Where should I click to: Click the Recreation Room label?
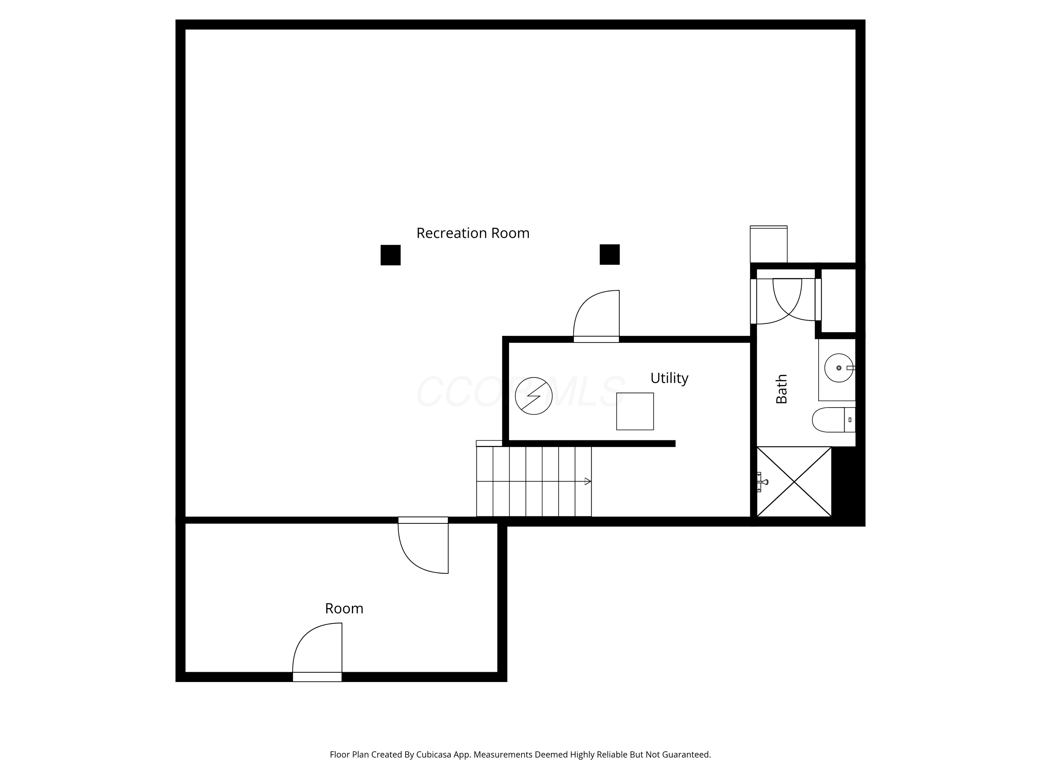click(x=473, y=233)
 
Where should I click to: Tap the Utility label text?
click(x=669, y=378)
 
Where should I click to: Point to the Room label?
click(x=344, y=608)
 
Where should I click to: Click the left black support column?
click(x=391, y=255)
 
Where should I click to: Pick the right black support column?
click(x=609, y=255)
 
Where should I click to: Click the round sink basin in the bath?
click(x=839, y=368)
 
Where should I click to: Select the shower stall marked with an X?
click(x=794, y=481)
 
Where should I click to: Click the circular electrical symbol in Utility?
click(x=534, y=396)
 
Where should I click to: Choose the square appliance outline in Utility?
click(x=635, y=411)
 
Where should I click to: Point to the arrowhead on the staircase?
click(x=588, y=481)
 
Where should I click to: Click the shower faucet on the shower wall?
click(x=761, y=481)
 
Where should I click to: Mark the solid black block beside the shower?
click(x=848, y=485)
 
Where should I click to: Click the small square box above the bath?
click(x=769, y=244)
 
